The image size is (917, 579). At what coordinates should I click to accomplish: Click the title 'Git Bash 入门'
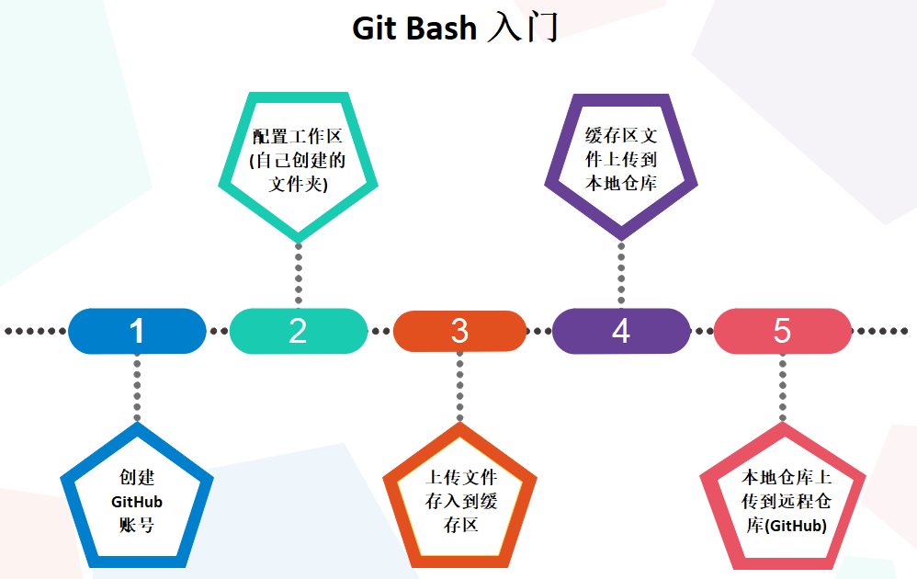(x=456, y=28)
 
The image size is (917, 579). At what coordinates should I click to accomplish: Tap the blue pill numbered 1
(x=137, y=331)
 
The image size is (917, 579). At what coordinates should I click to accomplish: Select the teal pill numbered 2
(x=298, y=331)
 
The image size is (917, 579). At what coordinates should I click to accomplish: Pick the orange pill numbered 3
(x=460, y=331)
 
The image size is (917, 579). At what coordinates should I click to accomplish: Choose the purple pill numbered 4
(x=621, y=331)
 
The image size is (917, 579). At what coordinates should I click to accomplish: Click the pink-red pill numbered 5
(x=782, y=331)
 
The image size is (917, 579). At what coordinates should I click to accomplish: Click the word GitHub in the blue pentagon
(x=137, y=502)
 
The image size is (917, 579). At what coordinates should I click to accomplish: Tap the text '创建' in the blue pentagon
(x=137, y=478)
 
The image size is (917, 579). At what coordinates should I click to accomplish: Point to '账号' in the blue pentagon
(x=137, y=526)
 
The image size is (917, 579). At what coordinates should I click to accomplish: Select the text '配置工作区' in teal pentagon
(x=298, y=137)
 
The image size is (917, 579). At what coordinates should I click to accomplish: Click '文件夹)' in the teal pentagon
(x=298, y=184)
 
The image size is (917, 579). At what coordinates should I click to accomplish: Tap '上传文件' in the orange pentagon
(x=461, y=478)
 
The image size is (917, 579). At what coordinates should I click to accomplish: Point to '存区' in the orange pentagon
(x=461, y=526)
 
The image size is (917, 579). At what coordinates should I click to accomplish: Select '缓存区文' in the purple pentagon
(x=621, y=136)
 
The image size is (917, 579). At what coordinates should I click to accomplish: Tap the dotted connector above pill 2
(x=298, y=273)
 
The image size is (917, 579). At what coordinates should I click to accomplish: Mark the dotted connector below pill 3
(x=460, y=388)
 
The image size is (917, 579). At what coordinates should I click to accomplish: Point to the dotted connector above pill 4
(x=621, y=273)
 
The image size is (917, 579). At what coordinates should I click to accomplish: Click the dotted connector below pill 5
(x=782, y=388)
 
